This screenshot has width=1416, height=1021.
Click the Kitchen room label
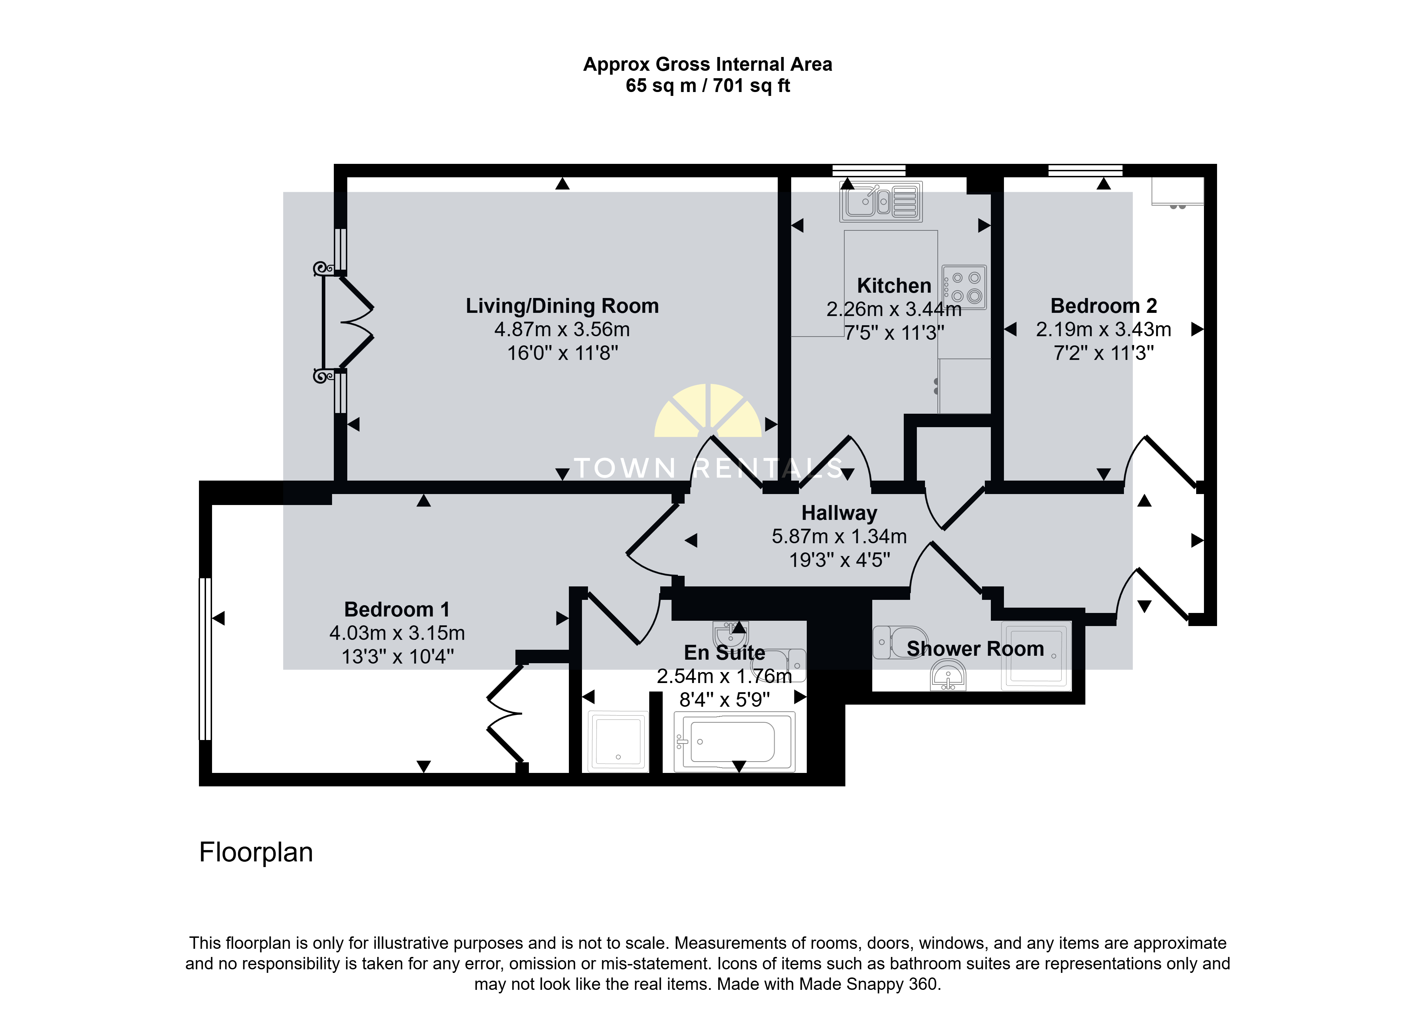pyautogui.click(x=894, y=286)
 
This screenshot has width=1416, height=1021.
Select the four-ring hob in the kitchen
pyautogui.click(x=964, y=287)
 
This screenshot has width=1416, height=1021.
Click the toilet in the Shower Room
pyautogui.click(x=900, y=642)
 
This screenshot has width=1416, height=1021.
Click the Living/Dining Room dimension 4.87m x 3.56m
pyautogui.click(x=562, y=329)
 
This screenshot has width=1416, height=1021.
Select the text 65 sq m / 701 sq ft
pyautogui.click(x=708, y=86)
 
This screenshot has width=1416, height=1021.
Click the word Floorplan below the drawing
pyautogui.click(x=256, y=853)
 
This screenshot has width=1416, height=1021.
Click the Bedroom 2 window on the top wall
pyautogui.click(x=1085, y=170)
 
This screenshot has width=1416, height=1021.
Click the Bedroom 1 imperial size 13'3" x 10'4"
pyautogui.click(x=398, y=657)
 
